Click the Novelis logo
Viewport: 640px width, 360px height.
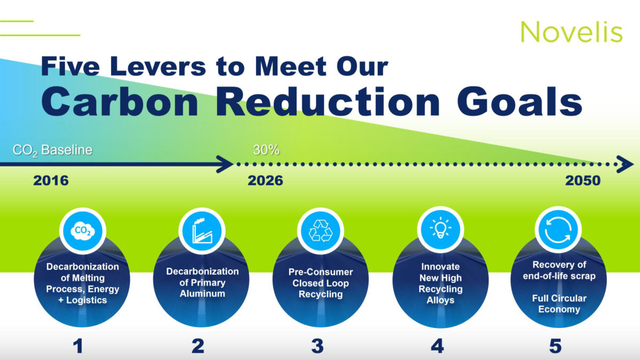(571, 31)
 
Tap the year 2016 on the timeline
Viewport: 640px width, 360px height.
(51, 181)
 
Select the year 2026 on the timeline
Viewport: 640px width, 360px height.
(265, 181)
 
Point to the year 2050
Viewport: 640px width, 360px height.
(583, 181)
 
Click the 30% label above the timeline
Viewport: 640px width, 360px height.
(266, 150)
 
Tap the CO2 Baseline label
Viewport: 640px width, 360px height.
(53, 150)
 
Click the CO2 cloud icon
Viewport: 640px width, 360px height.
(83, 231)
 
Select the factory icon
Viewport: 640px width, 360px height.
(202, 231)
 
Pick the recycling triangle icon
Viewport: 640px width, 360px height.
(321, 231)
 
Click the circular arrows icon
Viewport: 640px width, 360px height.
(558, 230)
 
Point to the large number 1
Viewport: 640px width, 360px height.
(78, 346)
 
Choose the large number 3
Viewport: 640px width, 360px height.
(317, 346)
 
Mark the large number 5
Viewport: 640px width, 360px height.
(555, 346)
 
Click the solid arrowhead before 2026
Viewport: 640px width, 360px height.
(226, 164)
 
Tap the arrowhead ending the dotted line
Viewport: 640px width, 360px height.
(626, 164)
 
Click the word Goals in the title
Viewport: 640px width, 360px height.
(519, 102)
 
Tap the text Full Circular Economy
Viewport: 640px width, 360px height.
(559, 303)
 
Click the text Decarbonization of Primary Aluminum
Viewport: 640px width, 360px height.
(202, 282)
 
